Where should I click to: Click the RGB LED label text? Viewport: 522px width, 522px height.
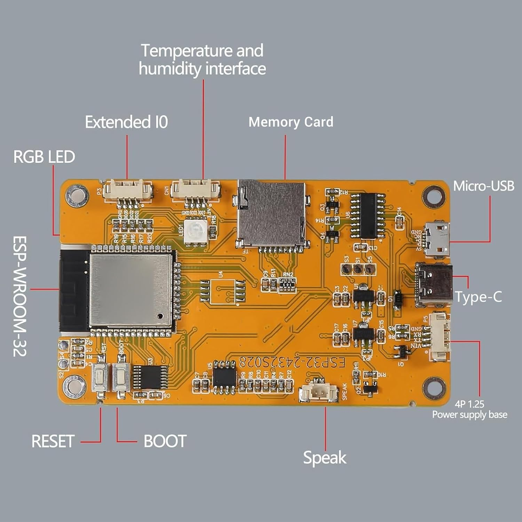pos(44,157)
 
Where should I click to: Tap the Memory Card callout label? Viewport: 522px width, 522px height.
pos(291,122)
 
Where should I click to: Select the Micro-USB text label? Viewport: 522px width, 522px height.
pos(484,186)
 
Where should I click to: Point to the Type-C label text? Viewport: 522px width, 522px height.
pos(478,297)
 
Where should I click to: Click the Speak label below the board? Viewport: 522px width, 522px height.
pos(325,458)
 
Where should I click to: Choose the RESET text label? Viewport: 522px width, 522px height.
pos(53,441)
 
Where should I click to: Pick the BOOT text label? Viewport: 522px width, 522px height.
pos(165,441)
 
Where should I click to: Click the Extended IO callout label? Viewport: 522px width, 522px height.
pos(127,122)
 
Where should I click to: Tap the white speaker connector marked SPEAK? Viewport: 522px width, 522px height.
pos(319,393)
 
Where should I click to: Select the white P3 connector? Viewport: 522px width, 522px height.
pos(128,190)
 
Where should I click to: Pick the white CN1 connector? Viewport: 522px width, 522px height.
pos(196,190)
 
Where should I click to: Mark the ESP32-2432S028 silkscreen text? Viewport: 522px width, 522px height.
pos(292,363)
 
